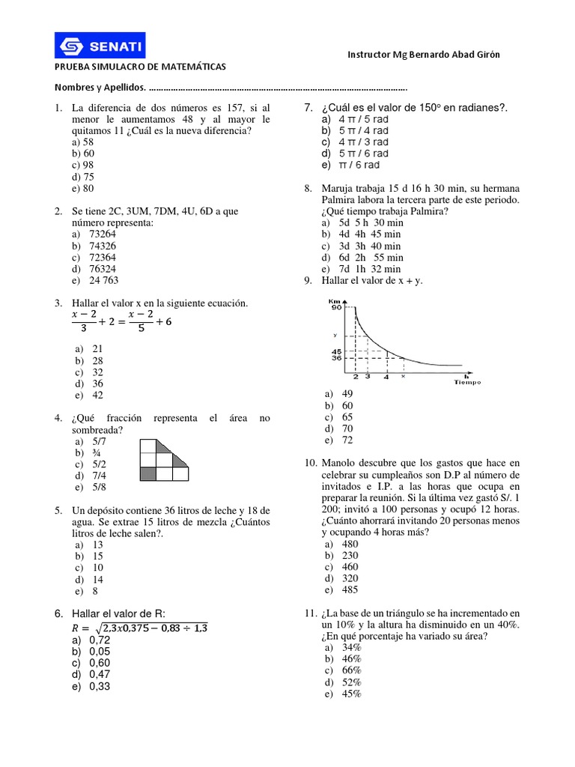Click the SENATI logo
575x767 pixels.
point(100,46)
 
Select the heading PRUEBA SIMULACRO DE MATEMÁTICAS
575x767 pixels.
point(140,67)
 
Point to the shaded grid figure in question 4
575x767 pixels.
point(165,459)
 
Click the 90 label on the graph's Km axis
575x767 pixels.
point(336,308)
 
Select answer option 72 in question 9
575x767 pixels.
point(347,440)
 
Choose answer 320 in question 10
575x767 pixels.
point(349,578)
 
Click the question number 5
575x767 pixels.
point(58,510)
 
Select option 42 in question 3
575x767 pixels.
point(98,395)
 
